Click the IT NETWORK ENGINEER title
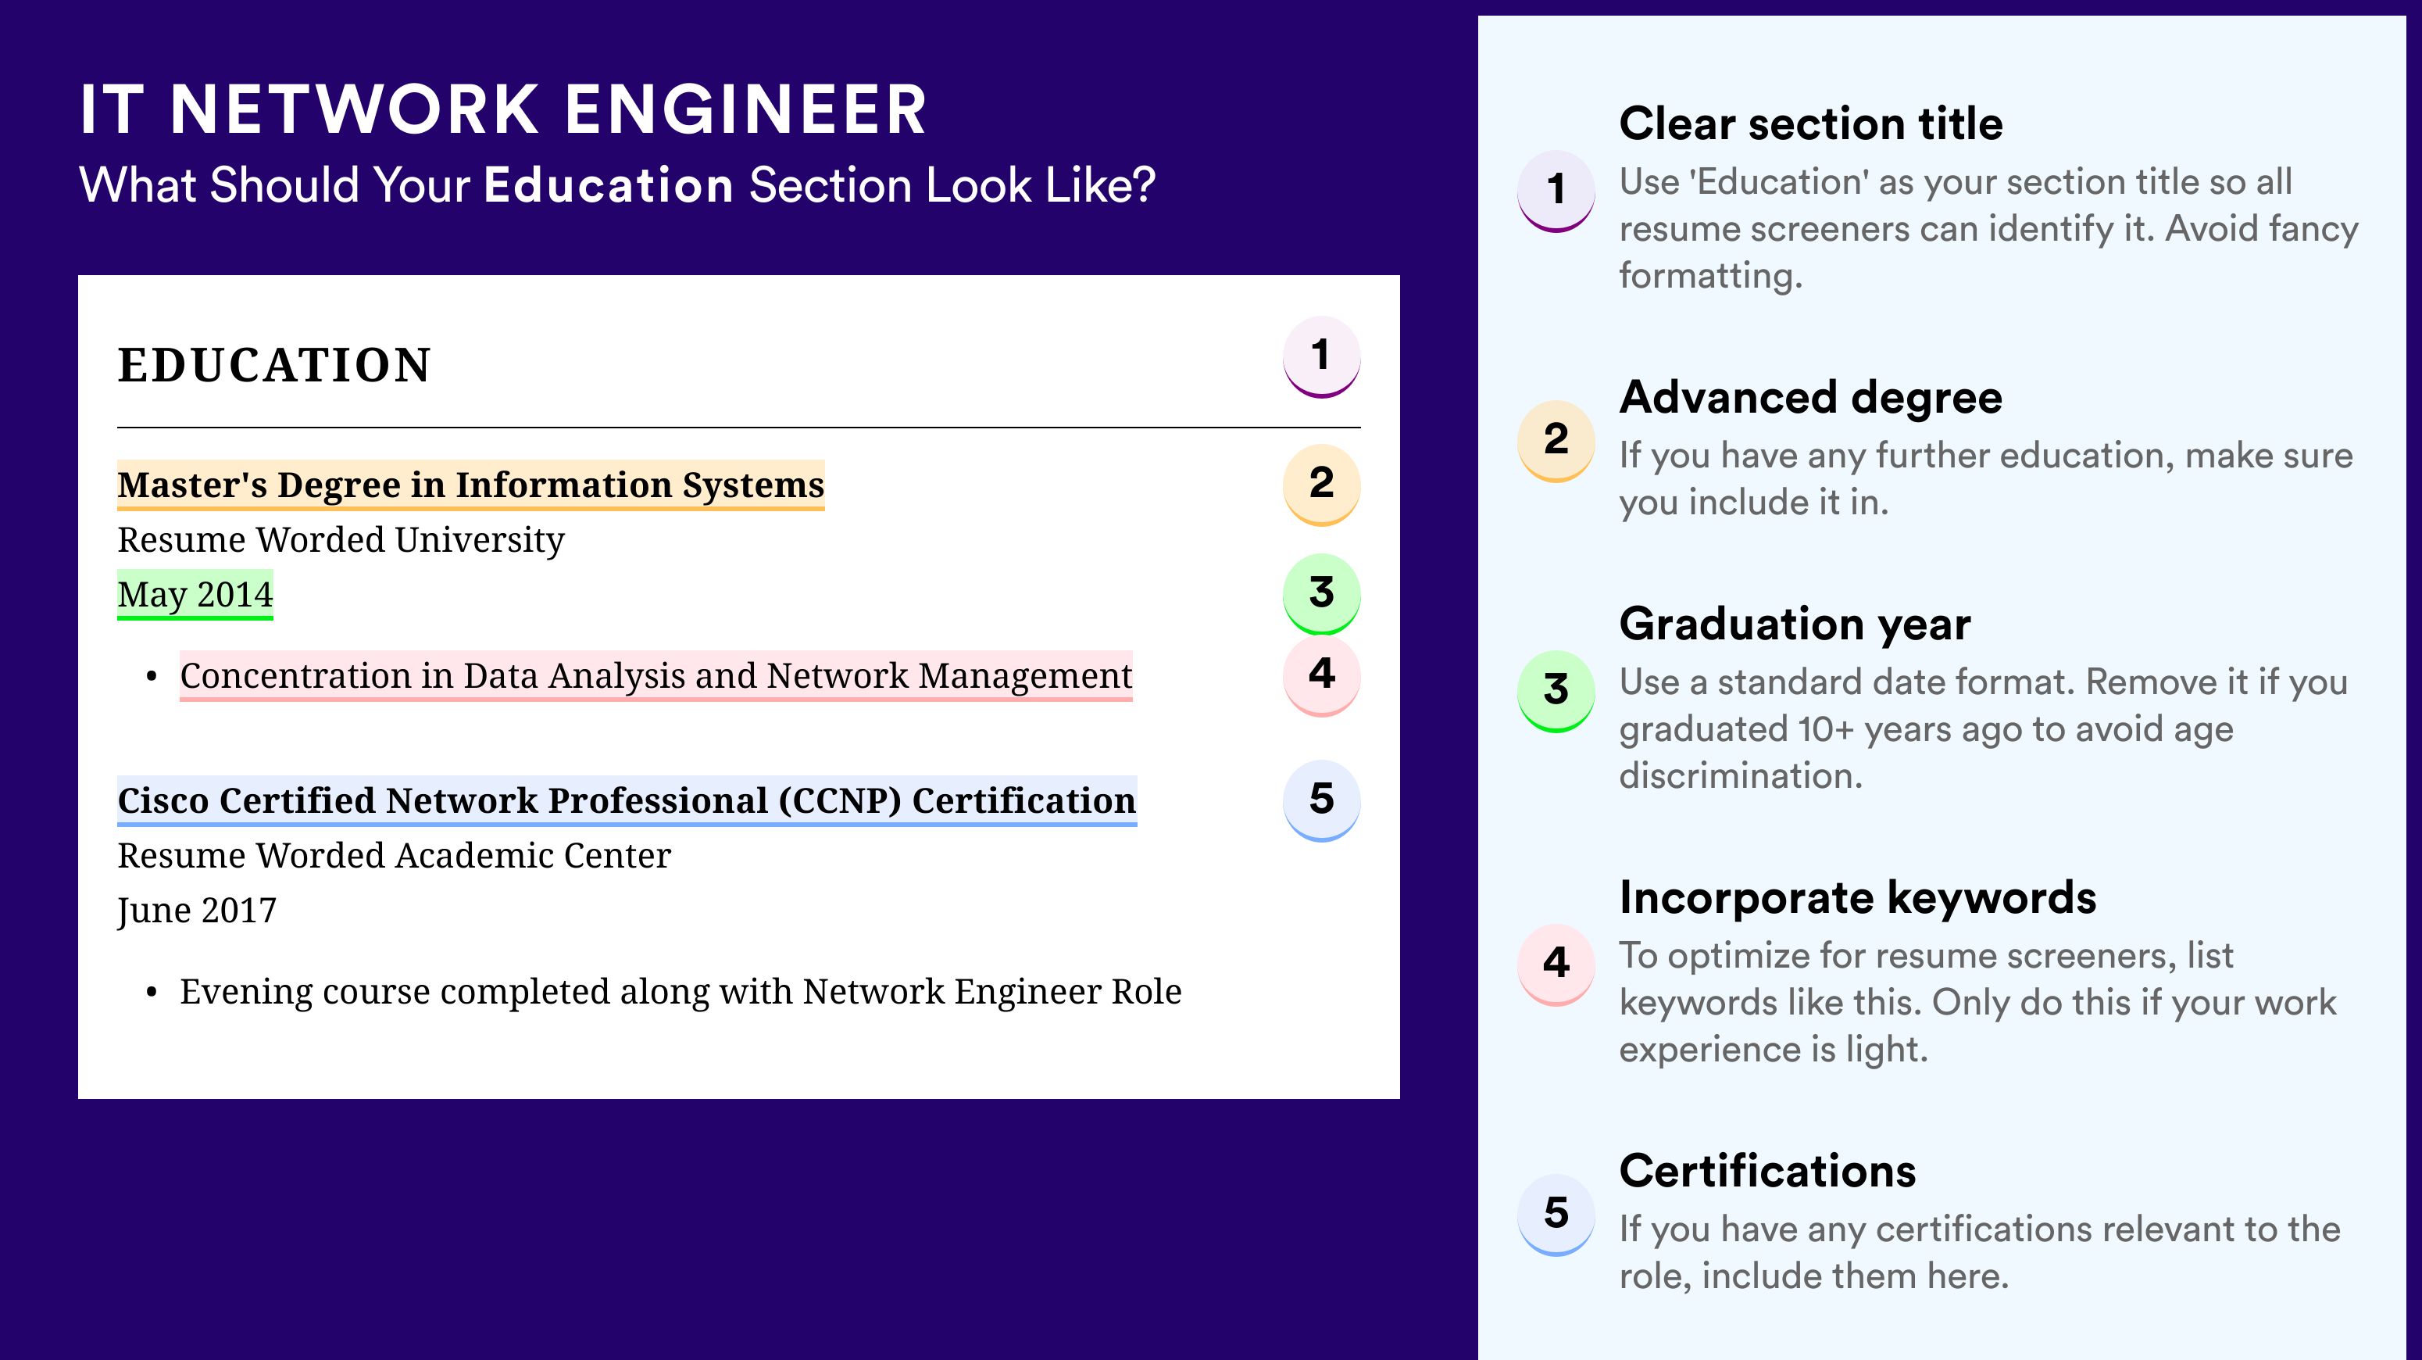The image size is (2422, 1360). click(x=503, y=109)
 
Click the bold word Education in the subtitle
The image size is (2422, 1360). click(x=609, y=184)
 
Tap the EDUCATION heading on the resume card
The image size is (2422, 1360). click(x=273, y=365)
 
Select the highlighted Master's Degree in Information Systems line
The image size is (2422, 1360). click(x=471, y=485)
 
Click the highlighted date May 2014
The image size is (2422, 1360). click(x=195, y=594)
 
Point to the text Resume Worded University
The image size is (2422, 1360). click(x=341, y=540)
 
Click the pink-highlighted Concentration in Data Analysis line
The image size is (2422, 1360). click(x=656, y=675)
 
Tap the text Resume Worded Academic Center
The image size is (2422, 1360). click(x=394, y=855)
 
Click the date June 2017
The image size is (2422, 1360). click(x=197, y=911)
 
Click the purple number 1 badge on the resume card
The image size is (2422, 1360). click(x=1321, y=356)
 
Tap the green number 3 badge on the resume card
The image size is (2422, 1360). click(x=1321, y=593)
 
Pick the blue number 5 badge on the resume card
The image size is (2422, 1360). click(x=1321, y=800)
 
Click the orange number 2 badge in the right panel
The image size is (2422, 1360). click(x=1556, y=440)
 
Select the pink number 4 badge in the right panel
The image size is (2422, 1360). click(x=1556, y=964)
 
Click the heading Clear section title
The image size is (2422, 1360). click(x=1811, y=123)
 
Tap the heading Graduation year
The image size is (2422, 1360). click(x=1795, y=624)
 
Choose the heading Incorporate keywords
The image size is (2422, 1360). click(x=1858, y=897)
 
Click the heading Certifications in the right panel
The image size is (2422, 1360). click(x=1767, y=1171)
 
